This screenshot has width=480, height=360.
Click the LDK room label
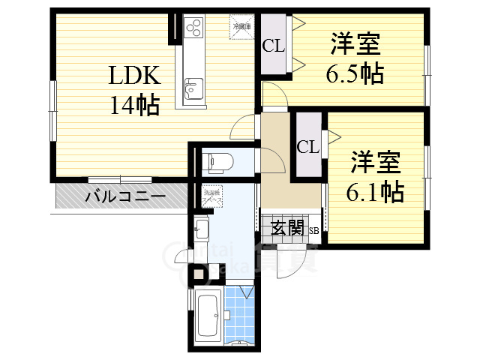tap(135, 76)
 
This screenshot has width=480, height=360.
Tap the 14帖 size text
tap(135, 106)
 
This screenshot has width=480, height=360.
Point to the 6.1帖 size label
tap(375, 192)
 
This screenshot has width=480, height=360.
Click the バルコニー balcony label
tap(124, 197)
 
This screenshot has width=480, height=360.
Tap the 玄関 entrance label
tap(288, 228)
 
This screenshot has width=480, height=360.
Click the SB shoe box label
tap(314, 232)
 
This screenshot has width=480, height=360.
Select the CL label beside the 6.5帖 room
tap(273, 46)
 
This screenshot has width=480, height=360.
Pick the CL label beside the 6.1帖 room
tap(307, 147)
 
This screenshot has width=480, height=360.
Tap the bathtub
tap(208, 315)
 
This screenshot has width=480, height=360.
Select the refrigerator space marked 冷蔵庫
tap(241, 25)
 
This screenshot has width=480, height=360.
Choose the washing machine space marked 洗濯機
tap(212, 193)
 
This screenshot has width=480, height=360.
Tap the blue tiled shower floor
tap(238, 316)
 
